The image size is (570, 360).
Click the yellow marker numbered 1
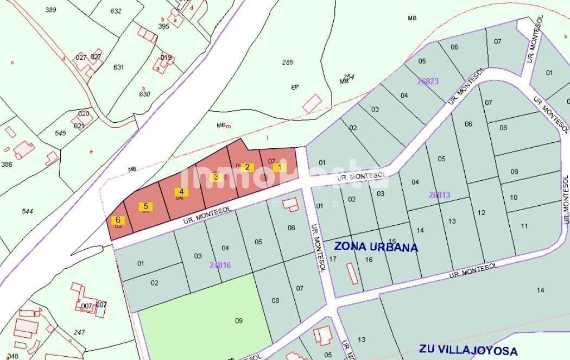(280, 167)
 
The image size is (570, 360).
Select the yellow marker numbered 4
(181, 192)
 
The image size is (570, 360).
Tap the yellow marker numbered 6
(118, 220)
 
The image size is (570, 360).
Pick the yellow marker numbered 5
(145, 206)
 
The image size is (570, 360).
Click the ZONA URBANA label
(376, 247)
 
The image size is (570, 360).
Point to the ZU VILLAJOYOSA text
(468, 351)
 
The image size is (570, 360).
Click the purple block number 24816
(220, 265)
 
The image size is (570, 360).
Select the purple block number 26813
(439, 194)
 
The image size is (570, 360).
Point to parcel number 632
(116, 11)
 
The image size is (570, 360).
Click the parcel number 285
(287, 62)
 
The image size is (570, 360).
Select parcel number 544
(28, 211)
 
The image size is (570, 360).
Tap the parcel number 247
(79, 332)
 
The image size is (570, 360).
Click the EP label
(295, 87)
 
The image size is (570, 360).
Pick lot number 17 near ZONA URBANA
(333, 259)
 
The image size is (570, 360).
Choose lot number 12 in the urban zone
(481, 213)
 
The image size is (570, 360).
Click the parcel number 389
(51, 10)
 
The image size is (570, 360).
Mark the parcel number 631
(118, 67)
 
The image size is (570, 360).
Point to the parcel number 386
(7, 164)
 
